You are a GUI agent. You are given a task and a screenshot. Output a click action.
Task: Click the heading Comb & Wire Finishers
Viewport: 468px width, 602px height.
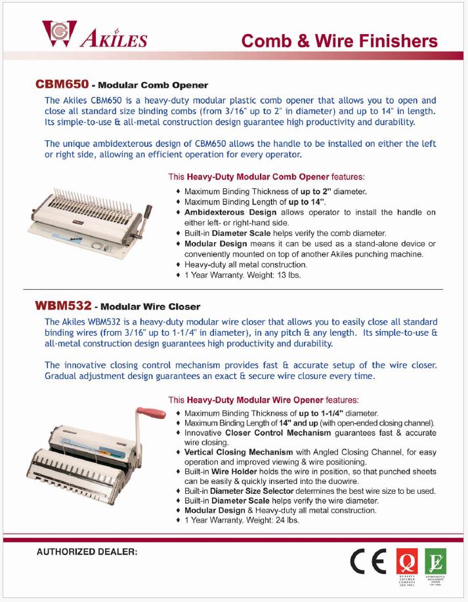click(339, 41)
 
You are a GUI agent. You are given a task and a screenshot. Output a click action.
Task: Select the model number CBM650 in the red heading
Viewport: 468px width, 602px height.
click(62, 85)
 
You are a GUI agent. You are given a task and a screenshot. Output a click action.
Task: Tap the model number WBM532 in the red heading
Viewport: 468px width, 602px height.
click(62, 306)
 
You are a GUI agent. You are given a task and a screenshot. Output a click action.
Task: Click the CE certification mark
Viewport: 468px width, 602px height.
click(368, 563)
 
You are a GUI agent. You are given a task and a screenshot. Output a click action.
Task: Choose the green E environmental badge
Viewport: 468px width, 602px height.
click(435, 561)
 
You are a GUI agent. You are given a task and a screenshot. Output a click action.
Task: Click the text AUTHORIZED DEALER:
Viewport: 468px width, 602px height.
click(87, 552)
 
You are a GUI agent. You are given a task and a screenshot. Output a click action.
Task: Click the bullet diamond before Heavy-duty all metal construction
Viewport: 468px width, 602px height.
click(179, 264)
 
